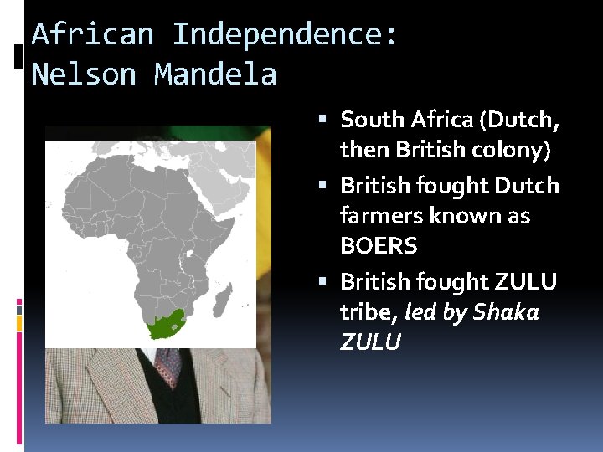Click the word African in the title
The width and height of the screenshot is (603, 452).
[92, 35]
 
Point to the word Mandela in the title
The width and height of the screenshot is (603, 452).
[215, 74]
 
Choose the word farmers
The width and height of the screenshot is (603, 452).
[382, 216]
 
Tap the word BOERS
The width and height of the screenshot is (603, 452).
[379, 247]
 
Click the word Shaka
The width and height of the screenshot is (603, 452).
[506, 311]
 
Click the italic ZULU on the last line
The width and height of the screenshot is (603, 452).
[370, 342]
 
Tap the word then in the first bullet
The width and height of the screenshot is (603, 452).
[365, 151]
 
